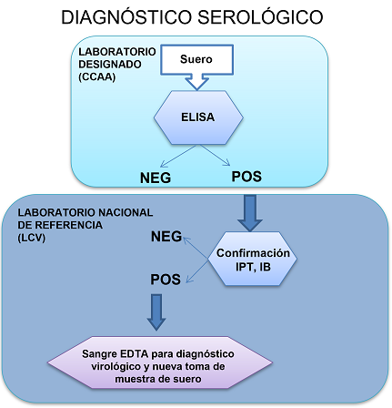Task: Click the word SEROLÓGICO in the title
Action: (x=264, y=17)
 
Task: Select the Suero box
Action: (x=198, y=59)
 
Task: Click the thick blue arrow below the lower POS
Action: (x=158, y=315)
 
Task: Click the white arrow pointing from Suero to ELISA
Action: (x=197, y=83)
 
